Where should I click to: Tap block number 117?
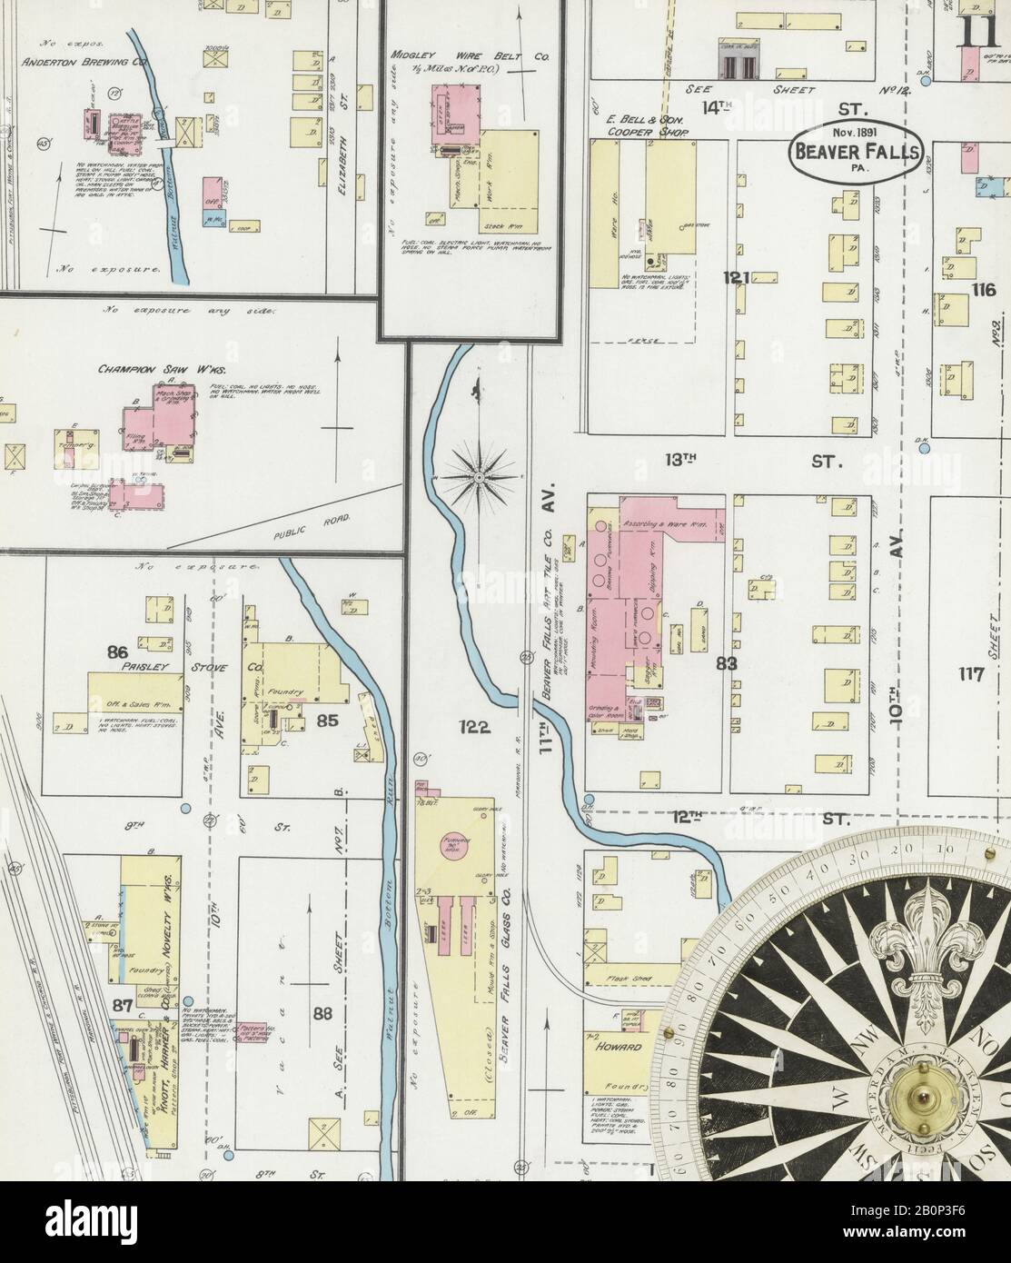pyautogui.click(x=970, y=674)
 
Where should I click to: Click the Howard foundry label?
pyautogui.click(x=620, y=1047)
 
